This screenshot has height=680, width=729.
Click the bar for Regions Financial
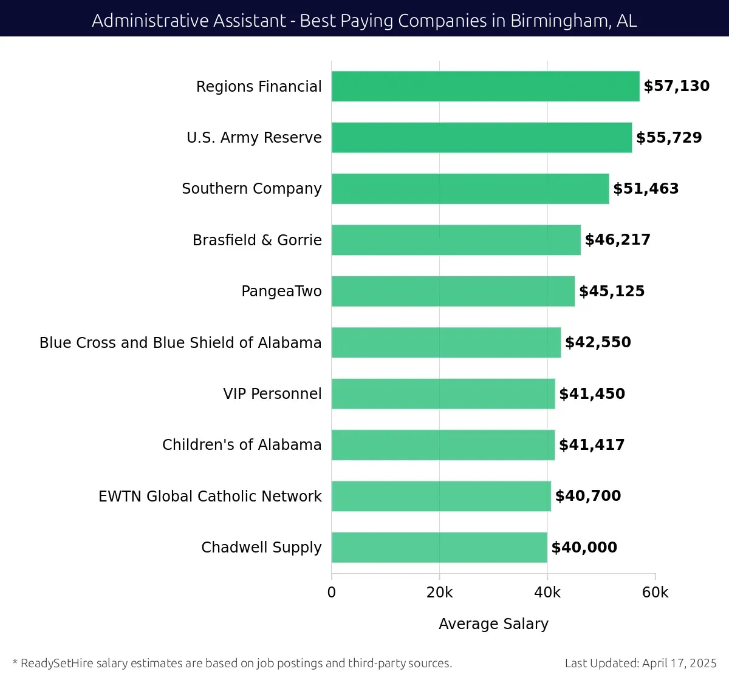[x=485, y=86]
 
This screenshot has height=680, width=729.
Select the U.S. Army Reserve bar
[x=482, y=137]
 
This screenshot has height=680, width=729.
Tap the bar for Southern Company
[x=470, y=189]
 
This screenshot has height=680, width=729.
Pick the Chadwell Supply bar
[x=439, y=548]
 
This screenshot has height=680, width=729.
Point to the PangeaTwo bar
[x=453, y=291]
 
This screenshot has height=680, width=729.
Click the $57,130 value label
[x=677, y=86]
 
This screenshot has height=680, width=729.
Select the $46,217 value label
[x=618, y=240]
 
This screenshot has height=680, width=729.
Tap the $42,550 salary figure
[x=598, y=342]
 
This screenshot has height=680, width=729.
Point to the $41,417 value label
[x=592, y=445]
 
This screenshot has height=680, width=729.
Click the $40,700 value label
[x=588, y=496]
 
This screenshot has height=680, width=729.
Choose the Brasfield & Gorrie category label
[x=257, y=240]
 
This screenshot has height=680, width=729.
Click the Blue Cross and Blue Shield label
[x=180, y=343]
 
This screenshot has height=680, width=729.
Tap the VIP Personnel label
[x=272, y=394]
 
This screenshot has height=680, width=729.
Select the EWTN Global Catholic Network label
[x=210, y=497]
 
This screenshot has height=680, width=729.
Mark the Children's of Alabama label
[x=242, y=445]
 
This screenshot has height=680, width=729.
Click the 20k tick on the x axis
[x=439, y=593]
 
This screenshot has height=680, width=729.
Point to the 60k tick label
[x=655, y=593]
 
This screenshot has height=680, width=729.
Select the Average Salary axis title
[x=493, y=624]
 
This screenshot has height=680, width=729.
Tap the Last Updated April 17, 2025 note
[x=640, y=663]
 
